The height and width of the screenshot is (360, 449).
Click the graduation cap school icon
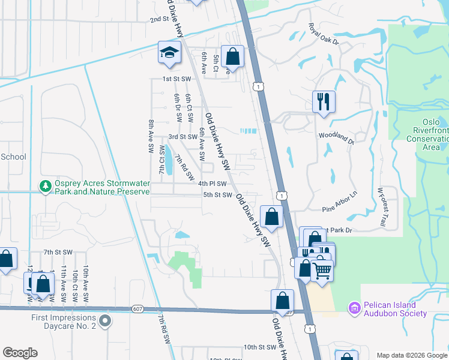(x=169, y=53)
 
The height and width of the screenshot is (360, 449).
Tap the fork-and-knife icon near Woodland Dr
(x=324, y=101)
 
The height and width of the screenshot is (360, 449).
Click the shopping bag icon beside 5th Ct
(x=232, y=57)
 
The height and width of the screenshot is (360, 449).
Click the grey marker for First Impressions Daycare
(x=105, y=322)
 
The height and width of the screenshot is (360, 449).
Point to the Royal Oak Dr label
(x=324, y=35)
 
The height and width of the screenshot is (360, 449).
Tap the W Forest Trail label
(x=381, y=207)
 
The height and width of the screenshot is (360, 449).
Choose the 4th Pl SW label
(x=213, y=184)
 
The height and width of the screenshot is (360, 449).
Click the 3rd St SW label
(x=182, y=137)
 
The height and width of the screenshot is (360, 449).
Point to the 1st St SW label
(x=176, y=79)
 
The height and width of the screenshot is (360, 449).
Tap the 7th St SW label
(x=58, y=253)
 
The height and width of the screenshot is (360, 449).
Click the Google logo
(x=20, y=353)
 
